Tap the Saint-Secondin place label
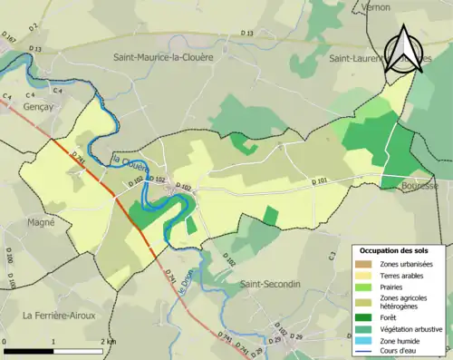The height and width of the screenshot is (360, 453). [270, 284]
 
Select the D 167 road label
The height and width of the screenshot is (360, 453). [10, 39]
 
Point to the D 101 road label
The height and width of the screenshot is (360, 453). [318, 182]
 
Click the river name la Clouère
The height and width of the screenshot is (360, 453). [129, 166]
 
